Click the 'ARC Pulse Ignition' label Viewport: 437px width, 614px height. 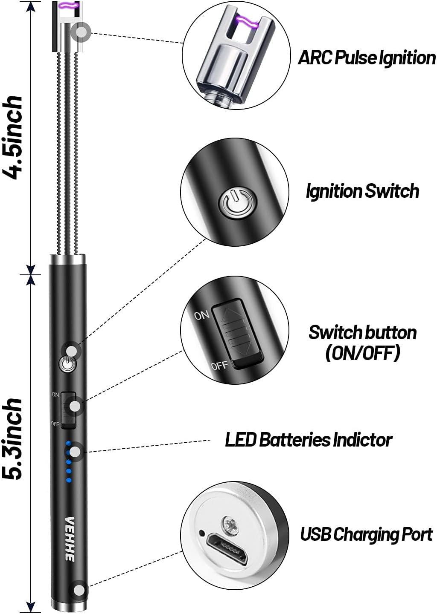(x=366, y=58)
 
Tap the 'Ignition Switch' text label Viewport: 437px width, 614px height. (x=362, y=191)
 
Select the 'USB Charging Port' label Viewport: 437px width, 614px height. (x=366, y=534)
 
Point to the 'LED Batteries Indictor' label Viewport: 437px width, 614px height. (x=308, y=440)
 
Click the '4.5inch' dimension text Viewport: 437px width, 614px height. (x=13, y=137)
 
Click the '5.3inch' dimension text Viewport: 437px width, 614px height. (x=13, y=439)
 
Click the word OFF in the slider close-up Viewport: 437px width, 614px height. (x=219, y=366)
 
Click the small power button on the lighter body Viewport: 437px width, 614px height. (x=67, y=364)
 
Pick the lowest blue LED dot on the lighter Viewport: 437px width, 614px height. (x=68, y=481)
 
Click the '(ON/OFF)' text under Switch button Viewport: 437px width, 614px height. (x=362, y=353)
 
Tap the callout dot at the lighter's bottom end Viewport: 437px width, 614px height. (x=79, y=590)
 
